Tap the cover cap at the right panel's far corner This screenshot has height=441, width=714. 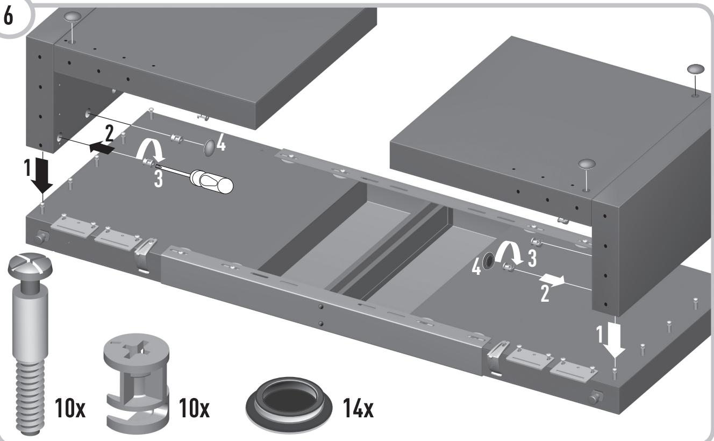[x=694, y=70]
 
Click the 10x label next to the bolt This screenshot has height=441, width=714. [x=69, y=411]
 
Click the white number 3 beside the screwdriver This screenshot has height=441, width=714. [x=158, y=179]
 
